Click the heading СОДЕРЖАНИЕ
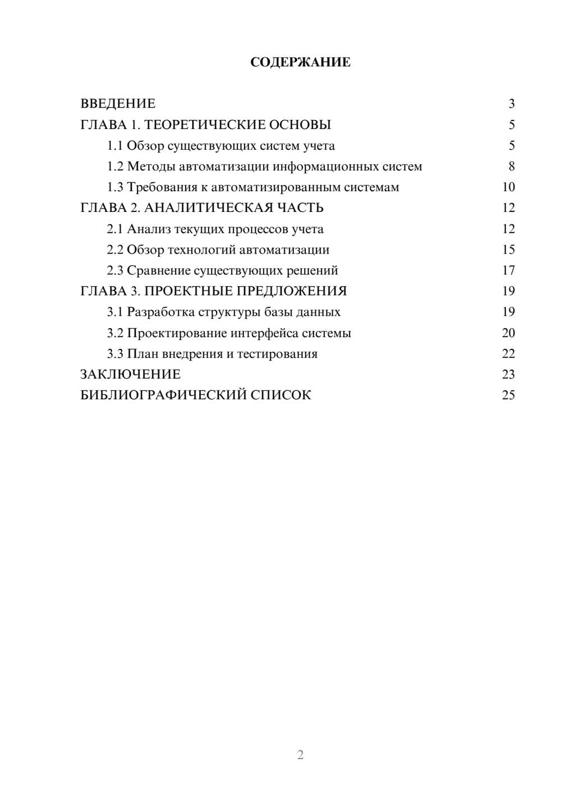300,62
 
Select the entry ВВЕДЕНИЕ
118,104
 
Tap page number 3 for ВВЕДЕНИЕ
511,104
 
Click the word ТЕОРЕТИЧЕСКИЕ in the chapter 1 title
205,125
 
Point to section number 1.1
115,146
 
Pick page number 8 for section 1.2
511,167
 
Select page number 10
508,187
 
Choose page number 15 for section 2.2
508,250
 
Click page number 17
508,270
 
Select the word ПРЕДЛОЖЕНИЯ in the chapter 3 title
292,291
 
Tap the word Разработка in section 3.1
160,312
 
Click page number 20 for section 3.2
508,333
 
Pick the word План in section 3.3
142,354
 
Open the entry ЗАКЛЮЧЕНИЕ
130,375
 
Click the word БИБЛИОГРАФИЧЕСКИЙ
163,395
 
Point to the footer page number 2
300,755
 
